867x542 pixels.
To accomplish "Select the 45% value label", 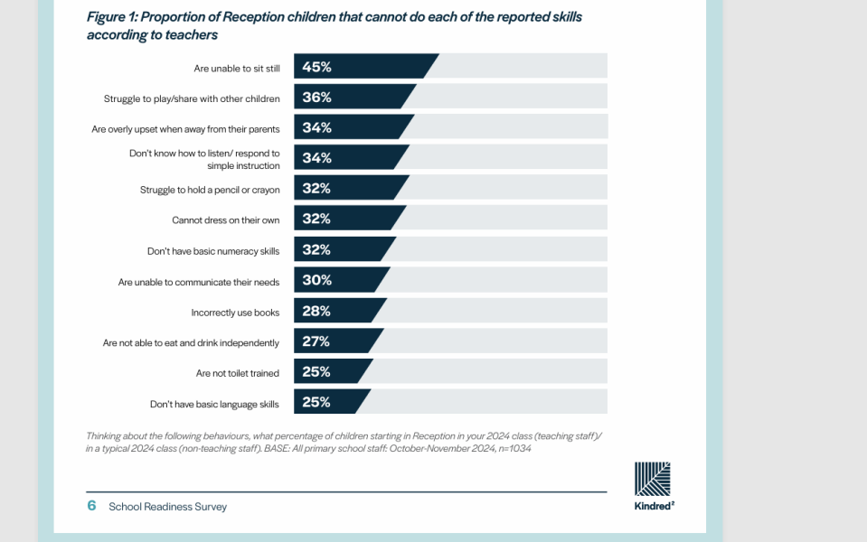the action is tap(316, 67).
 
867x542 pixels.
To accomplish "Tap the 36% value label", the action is tap(316, 98).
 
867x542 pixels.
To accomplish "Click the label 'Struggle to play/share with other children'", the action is tap(192, 98).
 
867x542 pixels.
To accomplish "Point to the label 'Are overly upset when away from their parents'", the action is tap(186, 129).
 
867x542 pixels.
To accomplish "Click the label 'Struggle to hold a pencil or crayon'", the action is tap(210, 190).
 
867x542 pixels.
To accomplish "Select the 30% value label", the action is tap(316, 280).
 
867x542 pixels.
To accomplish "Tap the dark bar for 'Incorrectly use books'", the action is tap(337, 311).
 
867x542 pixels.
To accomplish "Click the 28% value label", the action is tap(316, 311).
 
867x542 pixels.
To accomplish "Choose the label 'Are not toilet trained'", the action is tap(237, 373).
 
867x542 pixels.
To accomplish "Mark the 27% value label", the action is tap(316, 341).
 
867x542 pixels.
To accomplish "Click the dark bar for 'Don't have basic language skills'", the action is tap(330, 401).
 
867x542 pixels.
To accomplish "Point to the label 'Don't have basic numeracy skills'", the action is tap(213, 251).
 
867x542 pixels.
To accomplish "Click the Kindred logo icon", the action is tap(653, 479).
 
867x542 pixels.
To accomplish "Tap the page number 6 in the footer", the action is tap(92, 506).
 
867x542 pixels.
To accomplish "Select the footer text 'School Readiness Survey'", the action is tap(167, 507).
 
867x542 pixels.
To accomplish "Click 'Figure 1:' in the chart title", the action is tap(112, 17).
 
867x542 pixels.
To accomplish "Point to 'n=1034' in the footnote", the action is tap(514, 449).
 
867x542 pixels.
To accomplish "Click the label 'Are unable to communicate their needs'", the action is tap(199, 283).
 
